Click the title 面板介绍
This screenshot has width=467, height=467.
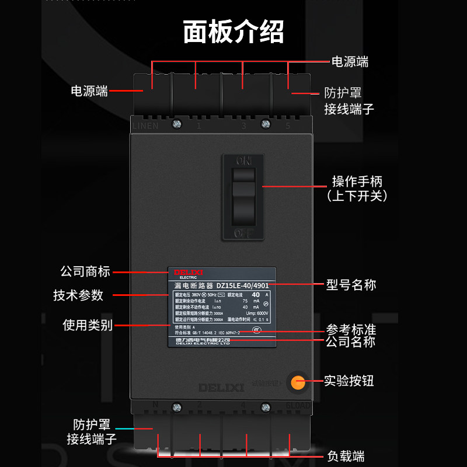coord(233,32)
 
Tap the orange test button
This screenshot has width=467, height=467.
coord(298,382)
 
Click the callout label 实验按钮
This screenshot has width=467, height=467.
coord(348,381)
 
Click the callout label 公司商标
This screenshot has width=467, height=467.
coord(85,272)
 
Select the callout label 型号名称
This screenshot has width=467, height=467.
coord(351,285)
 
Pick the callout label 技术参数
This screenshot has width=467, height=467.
coord(78,295)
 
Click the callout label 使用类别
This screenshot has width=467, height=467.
coord(88,325)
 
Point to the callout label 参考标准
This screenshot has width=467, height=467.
coord(350,329)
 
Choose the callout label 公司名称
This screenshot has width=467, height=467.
coord(350,342)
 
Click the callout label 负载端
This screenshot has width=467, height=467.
coord(346,456)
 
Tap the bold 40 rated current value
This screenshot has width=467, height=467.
coord(255,295)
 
